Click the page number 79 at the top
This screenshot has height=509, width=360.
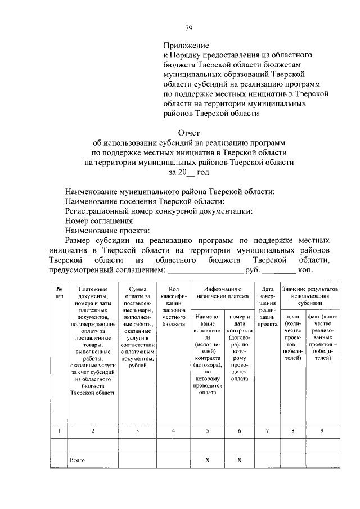point(190,29)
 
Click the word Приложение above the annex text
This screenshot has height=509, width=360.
point(186,45)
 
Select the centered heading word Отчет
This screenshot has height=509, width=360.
point(189,133)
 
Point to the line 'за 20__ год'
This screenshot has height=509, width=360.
point(189,173)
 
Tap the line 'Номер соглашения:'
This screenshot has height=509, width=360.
point(100,221)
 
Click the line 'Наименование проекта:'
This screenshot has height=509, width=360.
point(107,231)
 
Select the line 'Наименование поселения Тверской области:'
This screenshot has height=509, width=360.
point(145,201)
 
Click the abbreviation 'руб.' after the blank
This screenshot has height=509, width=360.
point(253,271)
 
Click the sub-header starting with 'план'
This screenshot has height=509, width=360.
point(292,337)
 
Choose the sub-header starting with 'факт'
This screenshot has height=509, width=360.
point(323,337)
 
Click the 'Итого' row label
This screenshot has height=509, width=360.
point(77,460)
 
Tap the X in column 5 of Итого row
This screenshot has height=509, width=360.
point(208,460)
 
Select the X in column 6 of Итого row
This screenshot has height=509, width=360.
point(240,460)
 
